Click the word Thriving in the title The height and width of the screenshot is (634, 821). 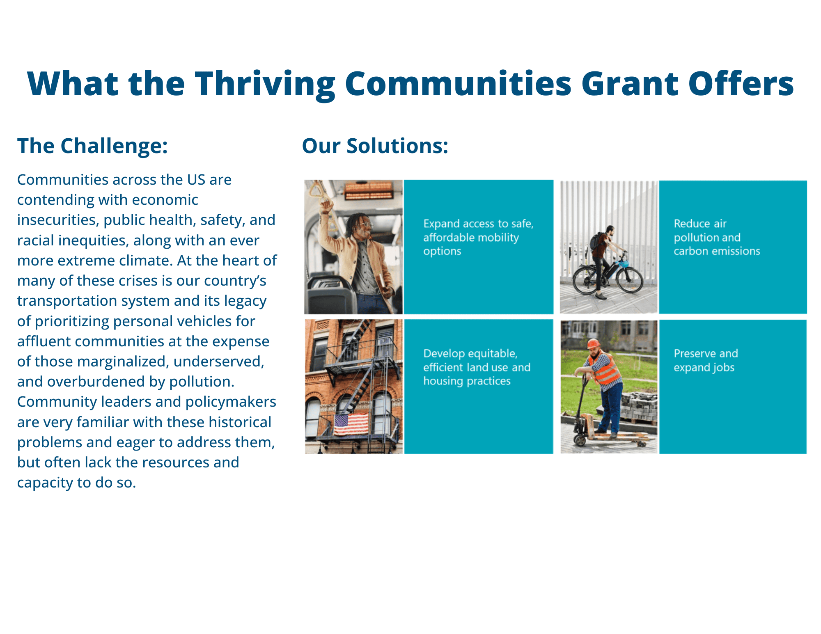point(265,84)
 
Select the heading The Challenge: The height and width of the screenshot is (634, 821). point(92,146)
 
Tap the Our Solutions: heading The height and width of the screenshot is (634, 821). point(375,146)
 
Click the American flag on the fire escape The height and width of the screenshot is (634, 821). point(351,425)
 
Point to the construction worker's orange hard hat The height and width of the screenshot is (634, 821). point(594,343)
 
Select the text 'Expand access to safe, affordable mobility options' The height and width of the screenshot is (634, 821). point(478,237)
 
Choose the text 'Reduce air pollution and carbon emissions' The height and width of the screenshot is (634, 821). point(717,237)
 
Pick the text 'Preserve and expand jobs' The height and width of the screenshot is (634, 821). point(706,360)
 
